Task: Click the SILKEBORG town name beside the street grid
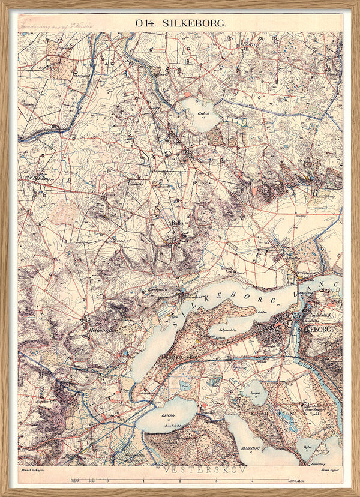309,329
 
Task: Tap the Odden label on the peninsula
262,312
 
